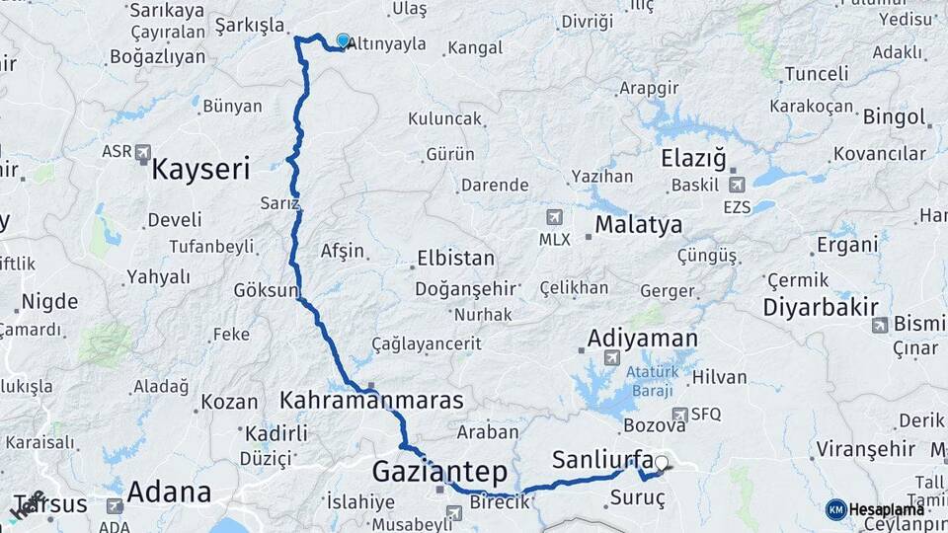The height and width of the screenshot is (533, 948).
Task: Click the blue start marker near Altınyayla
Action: [343, 40]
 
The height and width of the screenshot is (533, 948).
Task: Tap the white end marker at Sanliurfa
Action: [661, 462]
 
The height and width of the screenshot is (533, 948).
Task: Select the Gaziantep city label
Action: [439, 472]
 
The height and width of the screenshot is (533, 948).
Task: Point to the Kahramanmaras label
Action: [371, 402]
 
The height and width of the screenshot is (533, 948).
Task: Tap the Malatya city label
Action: [638, 225]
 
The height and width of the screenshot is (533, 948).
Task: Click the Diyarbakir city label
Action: [820, 307]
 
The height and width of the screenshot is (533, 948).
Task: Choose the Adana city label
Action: [169, 492]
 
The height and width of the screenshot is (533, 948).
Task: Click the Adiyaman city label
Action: [642, 338]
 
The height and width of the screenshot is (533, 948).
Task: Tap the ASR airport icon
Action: [143, 153]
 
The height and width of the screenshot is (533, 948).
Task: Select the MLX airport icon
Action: [554, 217]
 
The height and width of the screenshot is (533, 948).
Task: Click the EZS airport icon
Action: [736, 184]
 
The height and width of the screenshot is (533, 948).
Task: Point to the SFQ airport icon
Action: [679, 415]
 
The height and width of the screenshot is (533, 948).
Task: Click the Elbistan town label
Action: [455, 258]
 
